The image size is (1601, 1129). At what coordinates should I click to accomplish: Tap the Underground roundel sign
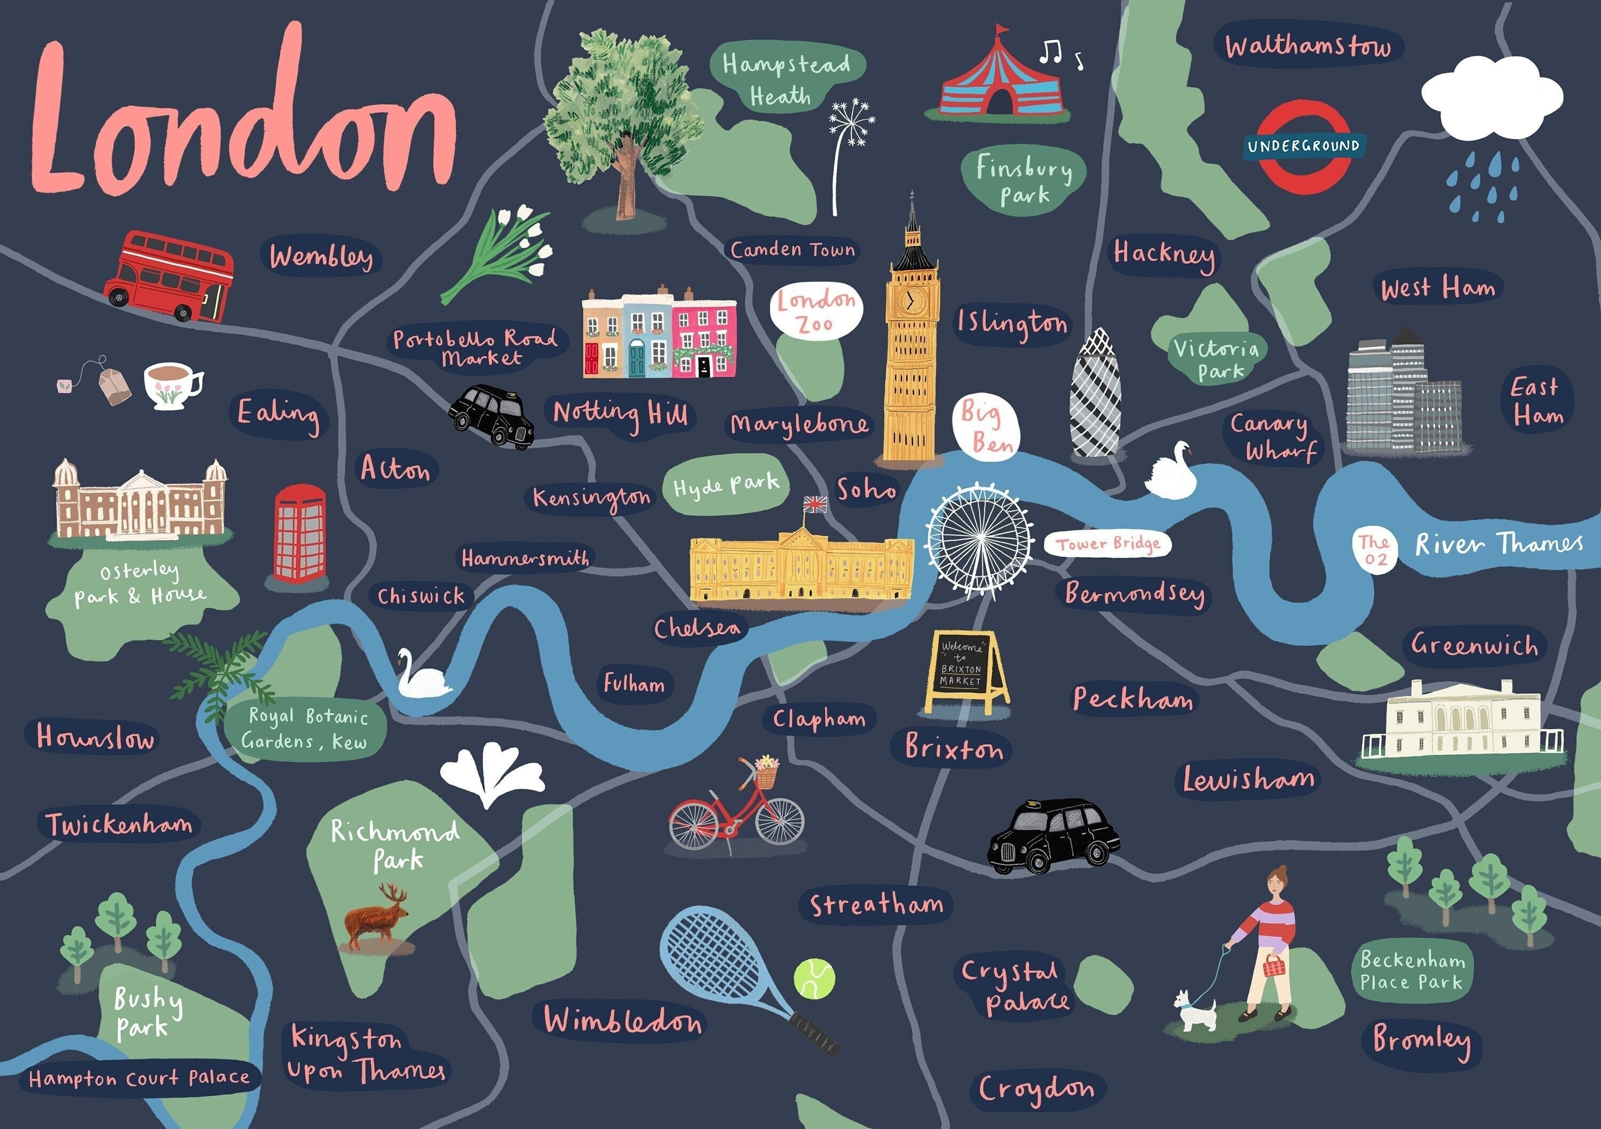1303,146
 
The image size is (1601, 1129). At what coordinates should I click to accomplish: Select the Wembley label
321,257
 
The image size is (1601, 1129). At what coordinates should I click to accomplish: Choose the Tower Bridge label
1107,544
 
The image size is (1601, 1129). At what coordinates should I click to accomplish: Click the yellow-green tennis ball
814,978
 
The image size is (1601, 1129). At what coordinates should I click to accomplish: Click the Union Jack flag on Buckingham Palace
814,504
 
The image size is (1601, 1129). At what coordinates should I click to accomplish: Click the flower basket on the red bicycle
766,771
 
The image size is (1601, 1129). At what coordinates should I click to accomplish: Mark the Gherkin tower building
1096,394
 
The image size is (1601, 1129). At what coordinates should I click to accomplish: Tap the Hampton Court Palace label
139,1078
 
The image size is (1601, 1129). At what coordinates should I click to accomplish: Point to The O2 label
1374,550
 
